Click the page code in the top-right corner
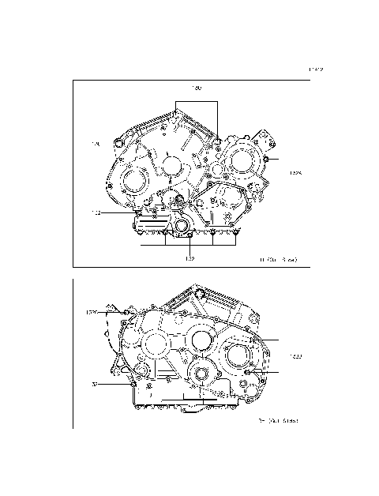point(316,70)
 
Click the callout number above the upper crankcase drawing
point(197,87)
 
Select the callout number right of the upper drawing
point(296,172)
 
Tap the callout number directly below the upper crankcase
point(189,258)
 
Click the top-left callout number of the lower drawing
point(92,313)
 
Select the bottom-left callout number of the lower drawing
point(94,385)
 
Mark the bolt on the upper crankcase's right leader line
point(268,160)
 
